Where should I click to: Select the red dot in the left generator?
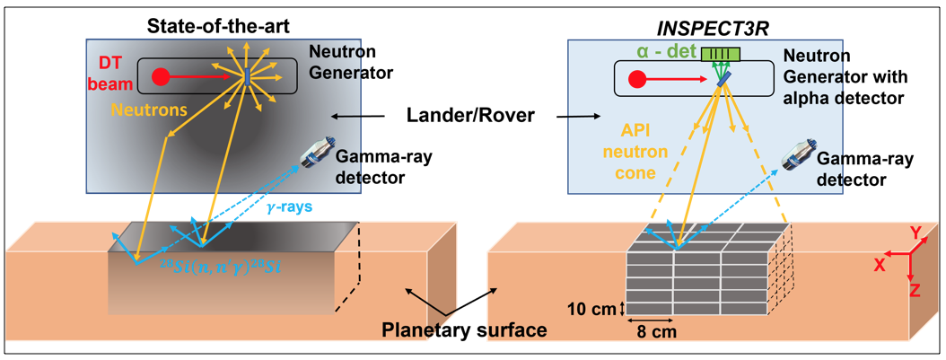[x=162, y=76]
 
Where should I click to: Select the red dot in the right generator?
[x=638, y=77]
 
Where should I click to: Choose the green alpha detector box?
[x=723, y=55]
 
